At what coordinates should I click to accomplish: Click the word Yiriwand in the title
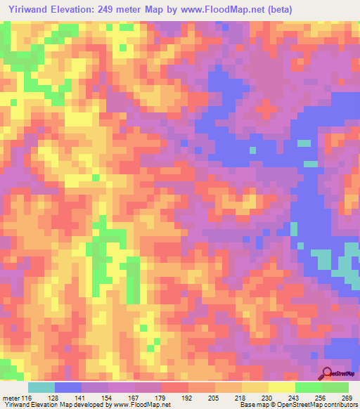click(x=25, y=9)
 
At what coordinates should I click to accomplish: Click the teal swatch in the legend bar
click(x=41, y=387)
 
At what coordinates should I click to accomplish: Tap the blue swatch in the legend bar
click(x=68, y=387)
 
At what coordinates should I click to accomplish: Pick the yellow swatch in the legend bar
click(x=281, y=387)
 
